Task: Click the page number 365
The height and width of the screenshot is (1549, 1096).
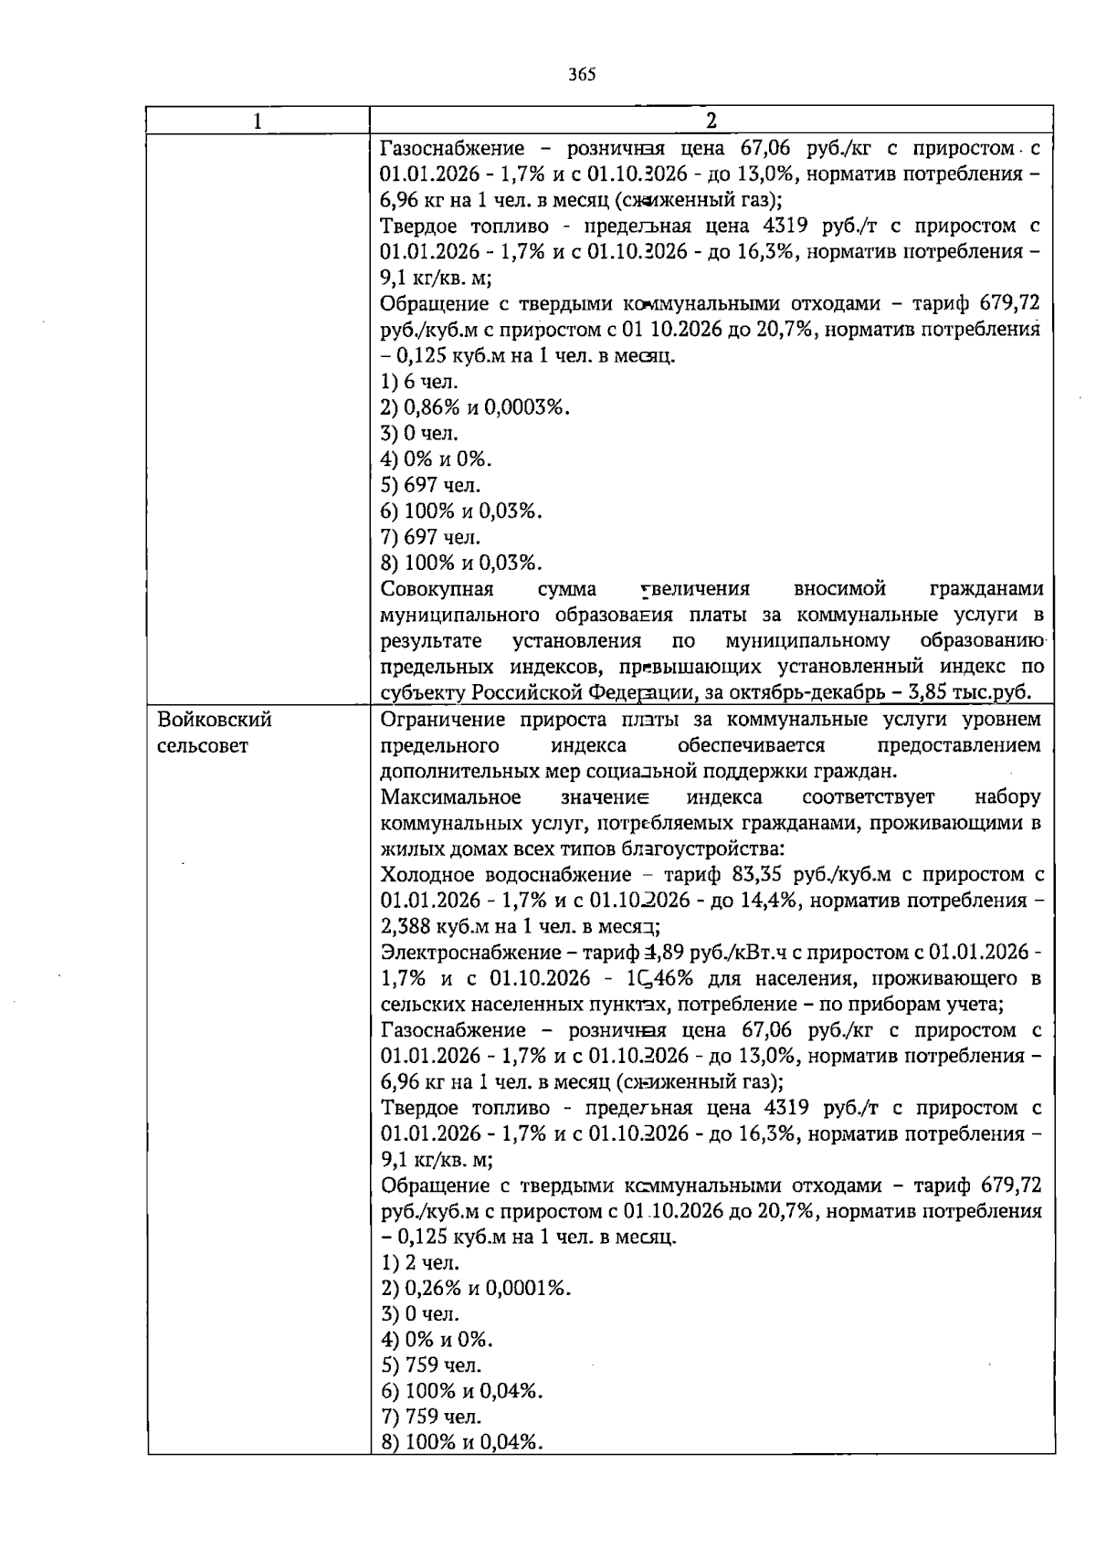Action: click(x=581, y=75)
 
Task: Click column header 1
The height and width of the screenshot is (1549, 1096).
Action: click(x=258, y=121)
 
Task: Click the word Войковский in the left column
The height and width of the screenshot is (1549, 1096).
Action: click(x=215, y=720)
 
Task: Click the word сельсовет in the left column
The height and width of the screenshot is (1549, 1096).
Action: click(x=203, y=746)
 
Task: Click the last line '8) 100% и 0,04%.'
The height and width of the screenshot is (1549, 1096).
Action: click(x=461, y=1443)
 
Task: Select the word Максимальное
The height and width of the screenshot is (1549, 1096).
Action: click(x=450, y=796)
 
